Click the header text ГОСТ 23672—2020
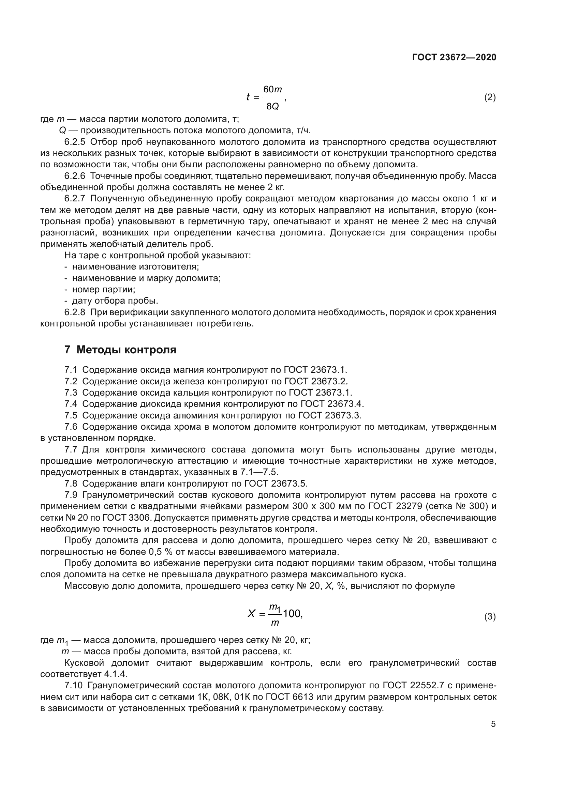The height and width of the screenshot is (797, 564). tap(454, 57)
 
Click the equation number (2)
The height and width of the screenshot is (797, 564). tap(490, 97)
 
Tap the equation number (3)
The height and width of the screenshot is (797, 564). tap(490, 617)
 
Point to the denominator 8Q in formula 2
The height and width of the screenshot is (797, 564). tap(273, 107)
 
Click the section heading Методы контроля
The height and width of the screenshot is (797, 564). tap(127, 350)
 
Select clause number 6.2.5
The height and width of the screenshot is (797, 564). tap(75, 142)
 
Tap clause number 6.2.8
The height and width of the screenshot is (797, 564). tap(75, 312)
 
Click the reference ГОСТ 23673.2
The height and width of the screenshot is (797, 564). tap(316, 381)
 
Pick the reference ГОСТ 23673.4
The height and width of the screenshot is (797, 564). tap(332, 404)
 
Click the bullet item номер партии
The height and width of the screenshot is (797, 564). tap(104, 290)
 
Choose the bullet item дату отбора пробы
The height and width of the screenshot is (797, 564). tap(115, 301)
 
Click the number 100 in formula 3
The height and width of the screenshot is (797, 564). tap(292, 614)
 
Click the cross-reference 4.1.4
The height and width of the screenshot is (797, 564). tap(116, 674)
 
